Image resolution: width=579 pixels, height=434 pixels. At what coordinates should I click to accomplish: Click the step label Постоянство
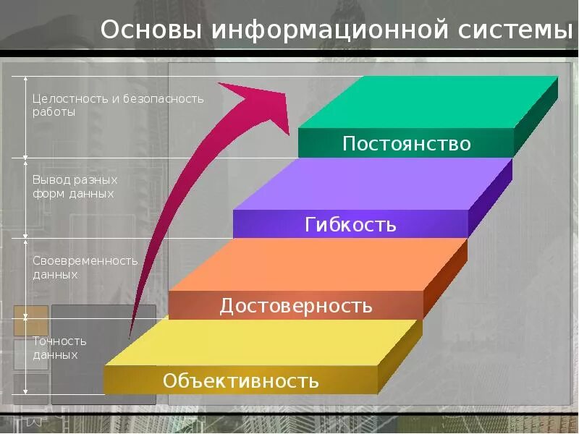pos(406,144)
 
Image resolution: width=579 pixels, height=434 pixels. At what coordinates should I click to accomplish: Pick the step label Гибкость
pos(350,224)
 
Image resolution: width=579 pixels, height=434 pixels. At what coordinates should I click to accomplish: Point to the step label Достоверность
pos(296,306)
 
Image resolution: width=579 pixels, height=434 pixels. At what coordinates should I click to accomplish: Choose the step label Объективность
pos(240,380)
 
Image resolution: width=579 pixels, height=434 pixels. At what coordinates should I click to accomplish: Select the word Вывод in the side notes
pos(49,179)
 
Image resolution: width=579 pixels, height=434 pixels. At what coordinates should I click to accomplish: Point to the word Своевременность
pos(85,260)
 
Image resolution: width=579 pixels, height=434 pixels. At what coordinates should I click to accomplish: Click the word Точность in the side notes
pos(59,341)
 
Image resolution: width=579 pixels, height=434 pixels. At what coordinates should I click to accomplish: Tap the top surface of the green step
pos(434,101)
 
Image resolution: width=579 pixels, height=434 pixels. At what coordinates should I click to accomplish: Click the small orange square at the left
pos(30,320)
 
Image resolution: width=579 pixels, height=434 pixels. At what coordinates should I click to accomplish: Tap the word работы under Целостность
pos(54,112)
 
